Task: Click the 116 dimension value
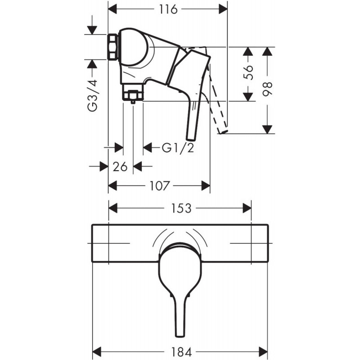coord(168,9)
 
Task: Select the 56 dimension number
coord(248,72)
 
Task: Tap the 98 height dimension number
coord(267,89)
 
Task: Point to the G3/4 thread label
coord(93,95)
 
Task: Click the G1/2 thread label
coord(178,148)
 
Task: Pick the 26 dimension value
coord(120,166)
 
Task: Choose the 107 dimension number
coord(160,185)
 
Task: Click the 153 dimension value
coord(181,208)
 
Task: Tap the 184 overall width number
coord(181,352)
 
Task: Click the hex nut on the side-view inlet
coord(113,47)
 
